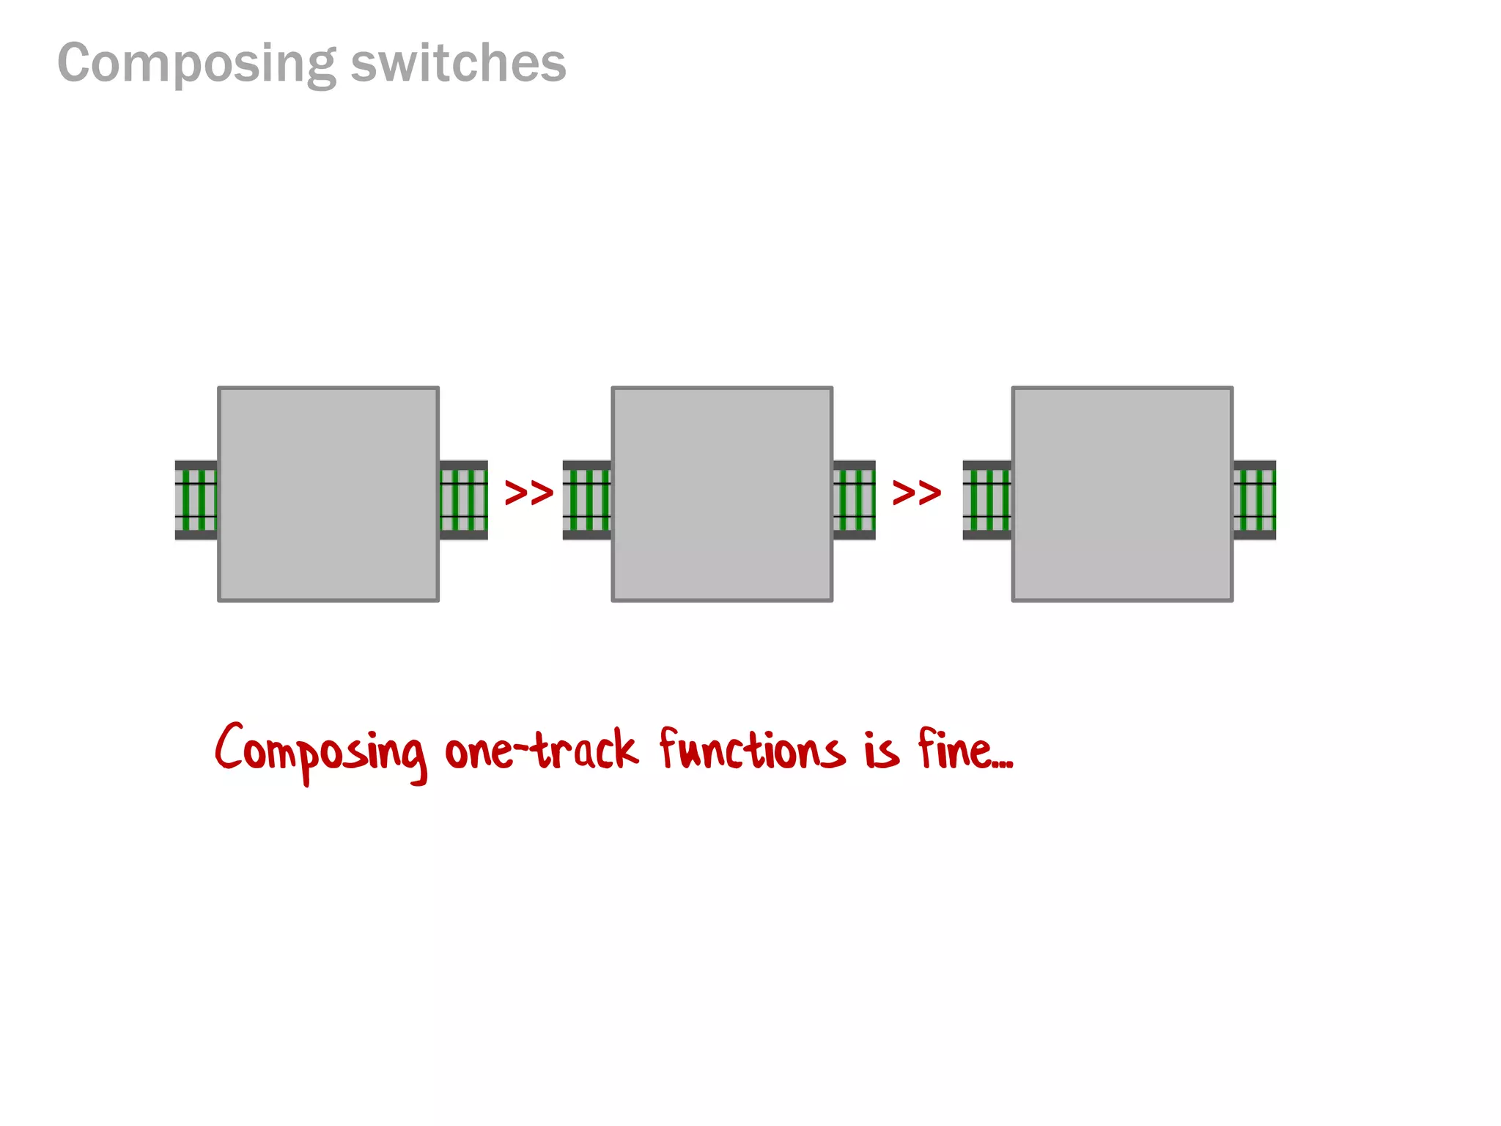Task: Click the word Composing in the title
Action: pyautogui.click(x=196, y=65)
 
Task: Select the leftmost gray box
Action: pyautogui.click(x=328, y=494)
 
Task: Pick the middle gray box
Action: pyautogui.click(x=722, y=494)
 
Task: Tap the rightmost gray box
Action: pyautogui.click(x=1122, y=494)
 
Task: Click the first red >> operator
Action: pyautogui.click(x=528, y=493)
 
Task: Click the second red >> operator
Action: pyautogui.click(x=916, y=493)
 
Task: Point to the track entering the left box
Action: pyautogui.click(x=196, y=500)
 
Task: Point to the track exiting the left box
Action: pyautogui.click(x=463, y=500)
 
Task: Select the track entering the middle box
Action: pyautogui.click(x=587, y=500)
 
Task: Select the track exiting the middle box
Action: pyautogui.click(x=854, y=500)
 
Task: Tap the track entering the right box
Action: pyautogui.click(x=987, y=500)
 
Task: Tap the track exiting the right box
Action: pyautogui.click(x=1254, y=500)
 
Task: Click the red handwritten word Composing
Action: pyautogui.click(x=320, y=752)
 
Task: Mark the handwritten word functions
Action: pyautogui.click(x=751, y=749)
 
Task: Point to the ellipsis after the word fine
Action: pyautogui.click(x=1003, y=765)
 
